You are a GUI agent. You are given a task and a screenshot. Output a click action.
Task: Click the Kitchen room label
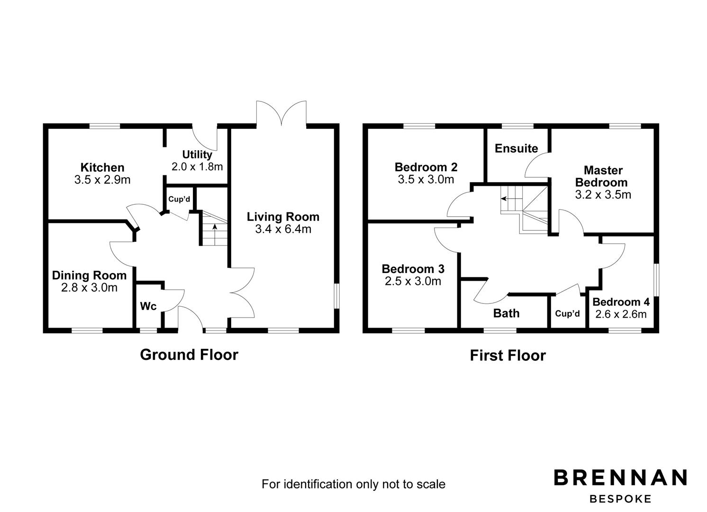point(102,167)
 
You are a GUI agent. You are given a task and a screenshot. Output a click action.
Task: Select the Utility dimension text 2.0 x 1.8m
point(197,167)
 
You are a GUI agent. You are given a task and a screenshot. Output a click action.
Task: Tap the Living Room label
point(283,217)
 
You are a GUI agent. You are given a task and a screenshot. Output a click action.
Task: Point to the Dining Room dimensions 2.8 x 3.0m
point(89,288)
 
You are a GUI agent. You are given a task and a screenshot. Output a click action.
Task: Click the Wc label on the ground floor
point(148,307)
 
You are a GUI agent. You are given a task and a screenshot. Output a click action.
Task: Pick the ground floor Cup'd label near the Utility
point(179,199)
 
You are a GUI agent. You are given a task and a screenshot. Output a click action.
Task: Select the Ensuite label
point(516,148)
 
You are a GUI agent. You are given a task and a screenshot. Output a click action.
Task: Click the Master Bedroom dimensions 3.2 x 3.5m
point(603,195)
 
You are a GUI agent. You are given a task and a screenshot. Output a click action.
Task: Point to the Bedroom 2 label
point(426,167)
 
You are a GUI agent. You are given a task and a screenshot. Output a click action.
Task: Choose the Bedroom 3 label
point(413,269)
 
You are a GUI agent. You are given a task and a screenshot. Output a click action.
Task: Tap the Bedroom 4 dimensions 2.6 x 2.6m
point(621,314)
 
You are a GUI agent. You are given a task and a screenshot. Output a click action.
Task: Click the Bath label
point(506,313)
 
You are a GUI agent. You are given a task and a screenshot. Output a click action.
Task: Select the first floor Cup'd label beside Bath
point(567,313)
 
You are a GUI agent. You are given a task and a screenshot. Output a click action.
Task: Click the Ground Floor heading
point(189,355)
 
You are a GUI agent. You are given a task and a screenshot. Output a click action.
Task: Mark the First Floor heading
point(508,356)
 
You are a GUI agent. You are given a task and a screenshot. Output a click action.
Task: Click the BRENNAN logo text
point(620,477)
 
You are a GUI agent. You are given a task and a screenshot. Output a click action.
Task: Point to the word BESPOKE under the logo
point(620,499)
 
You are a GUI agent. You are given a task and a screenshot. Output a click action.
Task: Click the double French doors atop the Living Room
point(281,114)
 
